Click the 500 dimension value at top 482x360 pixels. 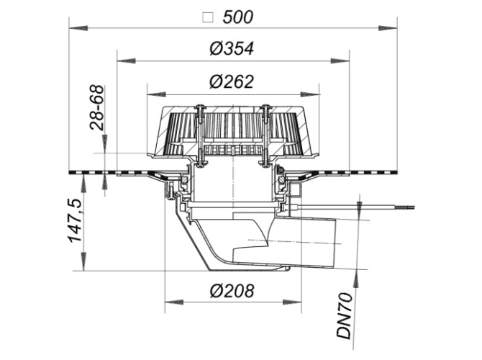click(237, 17)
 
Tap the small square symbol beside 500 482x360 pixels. click(208, 17)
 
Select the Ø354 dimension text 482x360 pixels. click(232, 49)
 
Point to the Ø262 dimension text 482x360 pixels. click(232, 81)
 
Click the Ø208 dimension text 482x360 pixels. click(232, 291)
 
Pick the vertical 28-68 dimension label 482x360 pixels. click(97, 107)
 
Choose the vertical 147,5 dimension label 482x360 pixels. click(75, 220)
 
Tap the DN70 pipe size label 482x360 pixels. click(345, 315)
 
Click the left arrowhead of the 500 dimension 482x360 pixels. click(78, 28)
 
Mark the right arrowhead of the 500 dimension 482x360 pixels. click(387, 28)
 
